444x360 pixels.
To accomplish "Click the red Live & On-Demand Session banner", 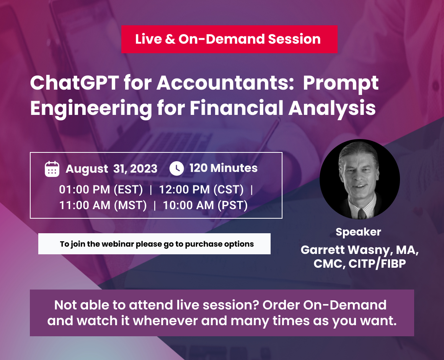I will tap(229, 39).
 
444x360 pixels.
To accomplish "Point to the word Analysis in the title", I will tap(332, 108).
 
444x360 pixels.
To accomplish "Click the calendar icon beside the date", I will tap(52, 169).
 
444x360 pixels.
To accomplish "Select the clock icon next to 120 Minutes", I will tap(176, 168).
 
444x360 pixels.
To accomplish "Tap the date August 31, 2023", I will tap(111, 169).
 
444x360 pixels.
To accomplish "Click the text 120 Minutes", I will tap(223, 168).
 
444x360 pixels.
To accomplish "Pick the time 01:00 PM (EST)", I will tap(101, 190).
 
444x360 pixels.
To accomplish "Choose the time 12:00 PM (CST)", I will tap(201, 190).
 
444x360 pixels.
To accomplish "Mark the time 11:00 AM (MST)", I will tap(103, 205).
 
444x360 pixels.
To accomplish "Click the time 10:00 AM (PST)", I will tap(205, 205).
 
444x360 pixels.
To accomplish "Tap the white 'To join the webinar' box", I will tap(154, 244).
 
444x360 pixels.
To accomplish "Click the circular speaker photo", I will tap(359, 179).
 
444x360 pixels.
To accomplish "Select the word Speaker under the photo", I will tap(358, 232).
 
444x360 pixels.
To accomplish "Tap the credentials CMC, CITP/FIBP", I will tap(359, 264).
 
